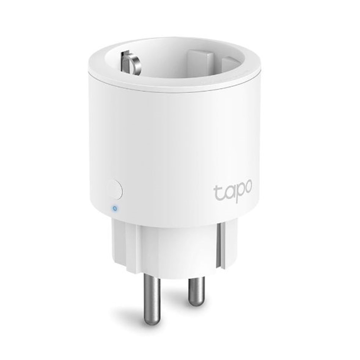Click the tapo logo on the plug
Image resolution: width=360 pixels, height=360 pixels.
(x=233, y=190)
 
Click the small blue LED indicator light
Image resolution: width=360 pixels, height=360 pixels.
(x=114, y=208)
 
